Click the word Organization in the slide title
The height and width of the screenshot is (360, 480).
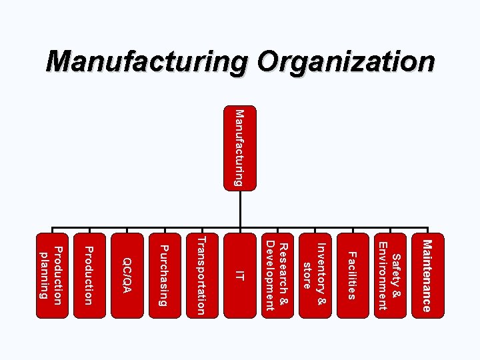point(346,62)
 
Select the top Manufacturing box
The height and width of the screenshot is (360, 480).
point(239,147)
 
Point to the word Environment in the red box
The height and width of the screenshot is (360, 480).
point(382,273)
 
